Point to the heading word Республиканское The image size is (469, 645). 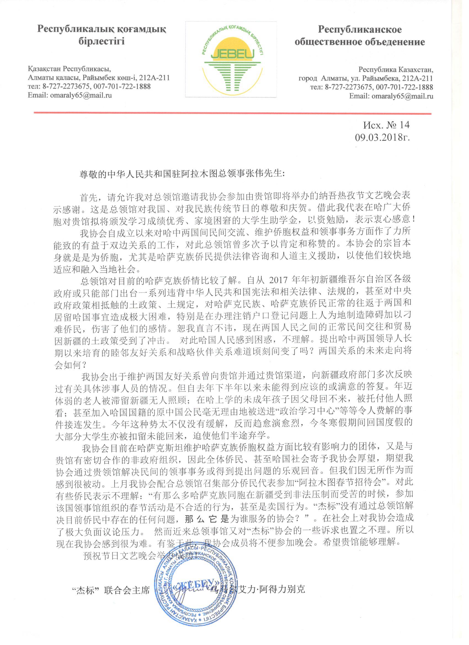click(360, 29)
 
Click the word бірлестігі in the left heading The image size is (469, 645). click(102, 42)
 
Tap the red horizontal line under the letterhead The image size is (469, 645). click(232, 113)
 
